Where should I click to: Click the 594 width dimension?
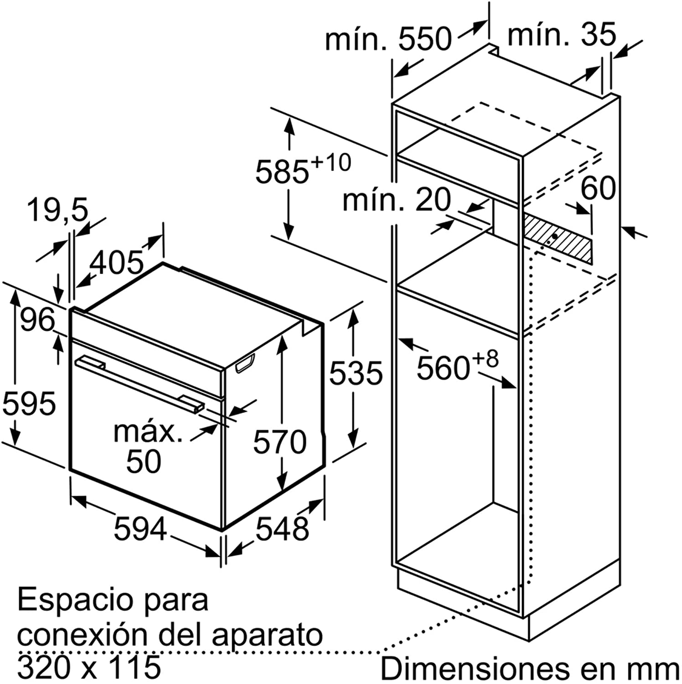pyautogui.click(x=140, y=529)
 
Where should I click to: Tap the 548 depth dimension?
pyautogui.click(x=282, y=529)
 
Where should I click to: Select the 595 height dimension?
pyautogui.click(x=29, y=404)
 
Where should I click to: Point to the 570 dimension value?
pyautogui.click(x=280, y=442)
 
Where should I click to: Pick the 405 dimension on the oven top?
pyautogui.click(x=117, y=263)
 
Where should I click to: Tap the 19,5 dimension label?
pyautogui.click(x=57, y=210)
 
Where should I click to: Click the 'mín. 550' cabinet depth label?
pyautogui.click(x=388, y=39)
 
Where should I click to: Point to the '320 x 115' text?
pyautogui.click(x=89, y=667)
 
